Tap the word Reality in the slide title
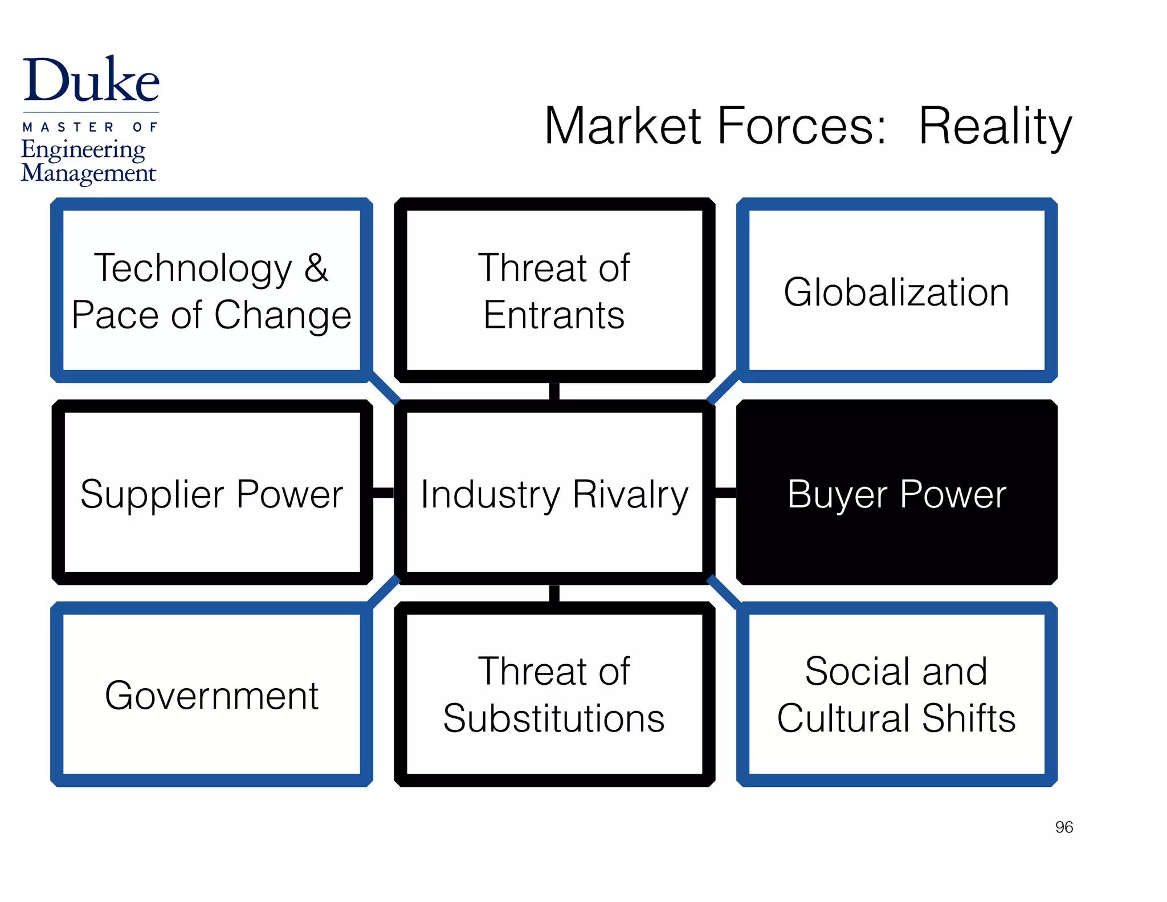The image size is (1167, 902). [x=995, y=127]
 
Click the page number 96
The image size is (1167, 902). [x=1063, y=827]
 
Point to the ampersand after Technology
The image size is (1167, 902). [x=316, y=267]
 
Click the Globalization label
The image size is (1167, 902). [x=896, y=292]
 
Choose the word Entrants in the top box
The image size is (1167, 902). [x=554, y=315]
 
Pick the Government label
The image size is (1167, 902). [x=211, y=696]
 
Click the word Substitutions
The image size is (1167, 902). [x=554, y=718]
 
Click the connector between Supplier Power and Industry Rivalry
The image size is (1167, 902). [x=383, y=493]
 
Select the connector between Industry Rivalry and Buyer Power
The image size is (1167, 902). [x=725, y=493]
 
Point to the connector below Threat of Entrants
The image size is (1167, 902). [x=554, y=391]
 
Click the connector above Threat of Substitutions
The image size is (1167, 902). [x=554, y=593]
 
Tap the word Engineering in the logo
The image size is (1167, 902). [x=83, y=149]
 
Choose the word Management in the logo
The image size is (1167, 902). [x=88, y=173]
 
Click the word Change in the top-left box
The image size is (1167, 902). [x=283, y=315]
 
